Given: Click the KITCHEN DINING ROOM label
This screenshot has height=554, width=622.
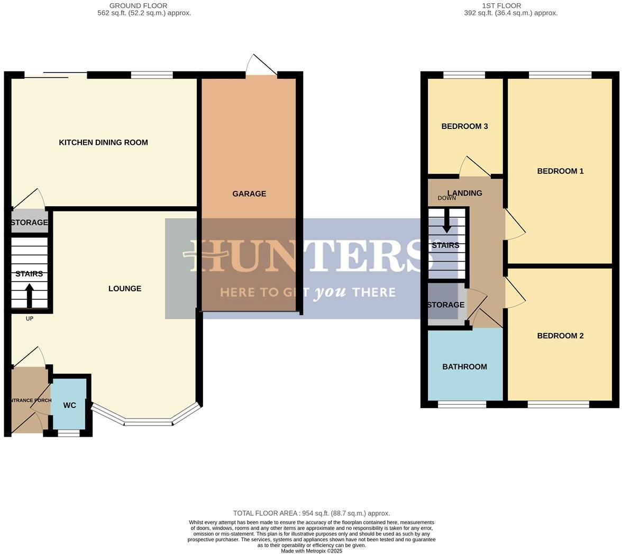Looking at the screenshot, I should (x=103, y=142).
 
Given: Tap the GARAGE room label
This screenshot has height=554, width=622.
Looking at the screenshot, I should (x=249, y=194).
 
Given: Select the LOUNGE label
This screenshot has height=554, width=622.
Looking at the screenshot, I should (x=125, y=289).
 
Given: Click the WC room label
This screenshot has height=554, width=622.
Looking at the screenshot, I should (x=69, y=405).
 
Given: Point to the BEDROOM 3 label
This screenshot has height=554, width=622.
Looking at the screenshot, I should (x=464, y=126).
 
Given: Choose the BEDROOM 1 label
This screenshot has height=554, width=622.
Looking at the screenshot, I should (x=560, y=171).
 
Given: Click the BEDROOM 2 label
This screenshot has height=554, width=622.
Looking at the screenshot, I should (x=560, y=336).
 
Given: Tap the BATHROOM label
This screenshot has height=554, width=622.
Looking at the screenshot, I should (x=464, y=367).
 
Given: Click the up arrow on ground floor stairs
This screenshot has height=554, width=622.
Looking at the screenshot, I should (x=29, y=295).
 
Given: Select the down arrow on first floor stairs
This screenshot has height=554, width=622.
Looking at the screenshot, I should (x=447, y=221).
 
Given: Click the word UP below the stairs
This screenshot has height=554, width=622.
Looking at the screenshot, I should (x=30, y=319).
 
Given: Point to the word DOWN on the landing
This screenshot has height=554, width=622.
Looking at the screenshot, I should (x=446, y=198).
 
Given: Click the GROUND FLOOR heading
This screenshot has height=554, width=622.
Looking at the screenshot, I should (x=138, y=6).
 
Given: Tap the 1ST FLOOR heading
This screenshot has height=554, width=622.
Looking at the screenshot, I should (x=501, y=6).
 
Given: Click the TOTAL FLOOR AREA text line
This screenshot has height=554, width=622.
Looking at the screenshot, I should (x=312, y=513).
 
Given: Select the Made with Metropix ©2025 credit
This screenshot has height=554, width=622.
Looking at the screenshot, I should (x=312, y=551).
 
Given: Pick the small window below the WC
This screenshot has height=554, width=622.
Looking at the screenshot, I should (x=68, y=433).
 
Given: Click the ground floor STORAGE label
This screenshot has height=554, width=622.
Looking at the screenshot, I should (x=29, y=223).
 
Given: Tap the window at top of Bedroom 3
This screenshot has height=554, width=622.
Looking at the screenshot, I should (x=464, y=75).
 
